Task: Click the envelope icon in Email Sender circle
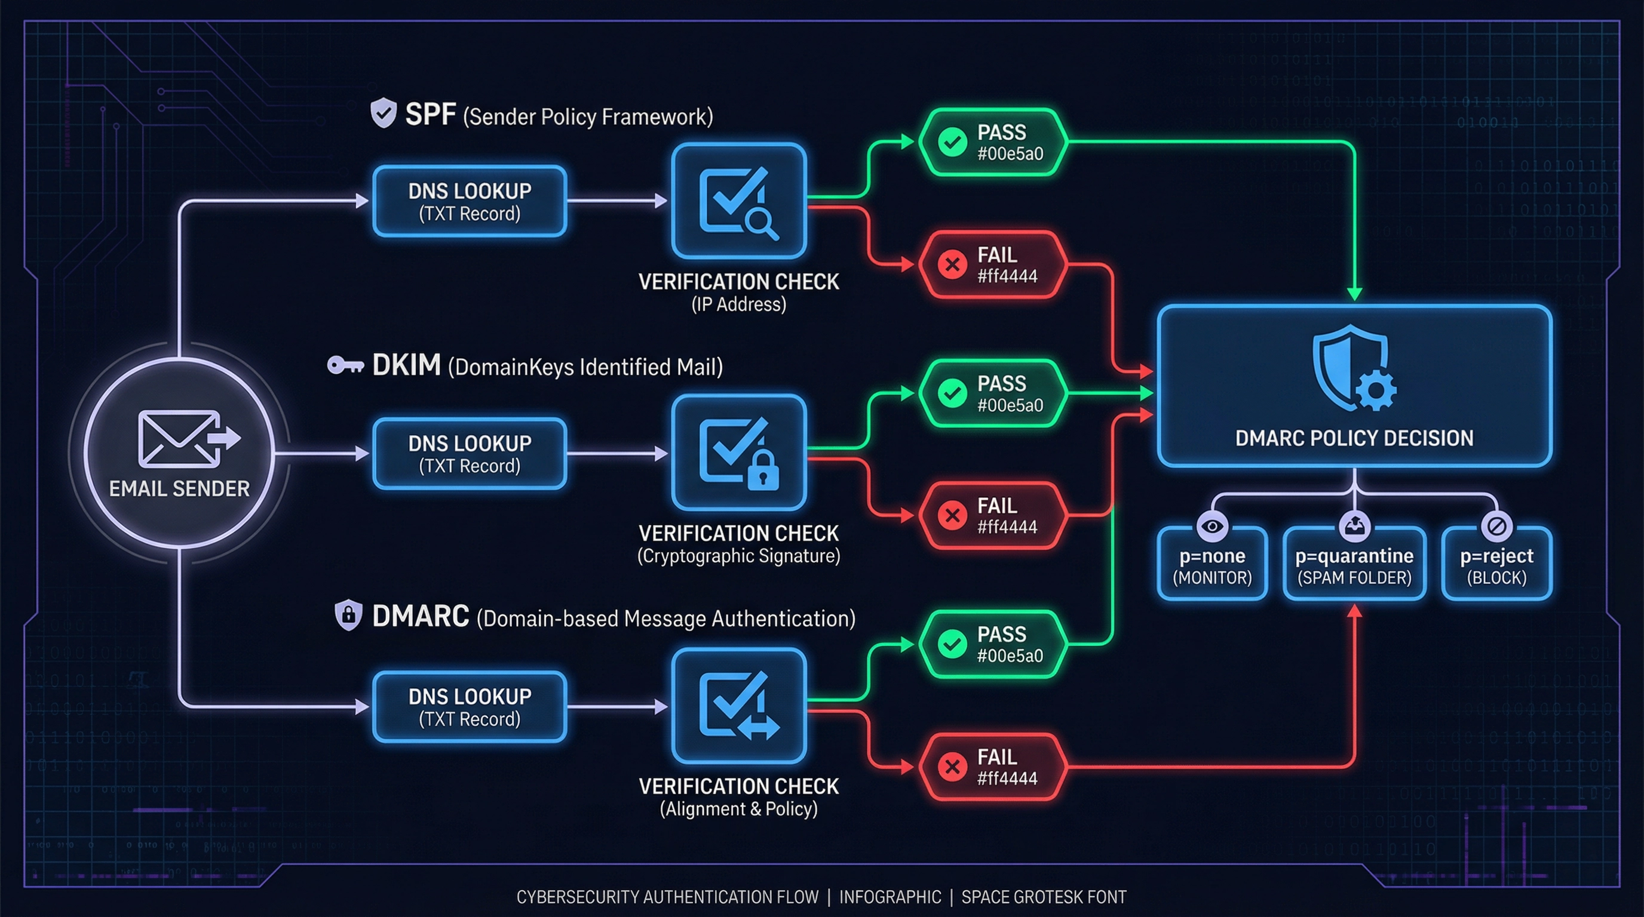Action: [x=179, y=439]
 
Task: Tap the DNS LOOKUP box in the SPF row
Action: [x=470, y=202]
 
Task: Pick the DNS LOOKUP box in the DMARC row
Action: [x=470, y=707]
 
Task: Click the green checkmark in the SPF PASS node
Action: [x=952, y=142]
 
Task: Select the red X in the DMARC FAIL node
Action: [x=952, y=767]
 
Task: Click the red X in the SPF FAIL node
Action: [x=952, y=264]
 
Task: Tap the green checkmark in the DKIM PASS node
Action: [x=952, y=393]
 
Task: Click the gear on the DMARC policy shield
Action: [x=1376, y=389]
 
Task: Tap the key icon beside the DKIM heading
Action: [x=345, y=365]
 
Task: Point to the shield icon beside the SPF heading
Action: [x=384, y=113]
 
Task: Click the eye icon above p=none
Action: [x=1212, y=526]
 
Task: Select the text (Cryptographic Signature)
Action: [x=738, y=556]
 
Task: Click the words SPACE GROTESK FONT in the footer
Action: [x=1044, y=897]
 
